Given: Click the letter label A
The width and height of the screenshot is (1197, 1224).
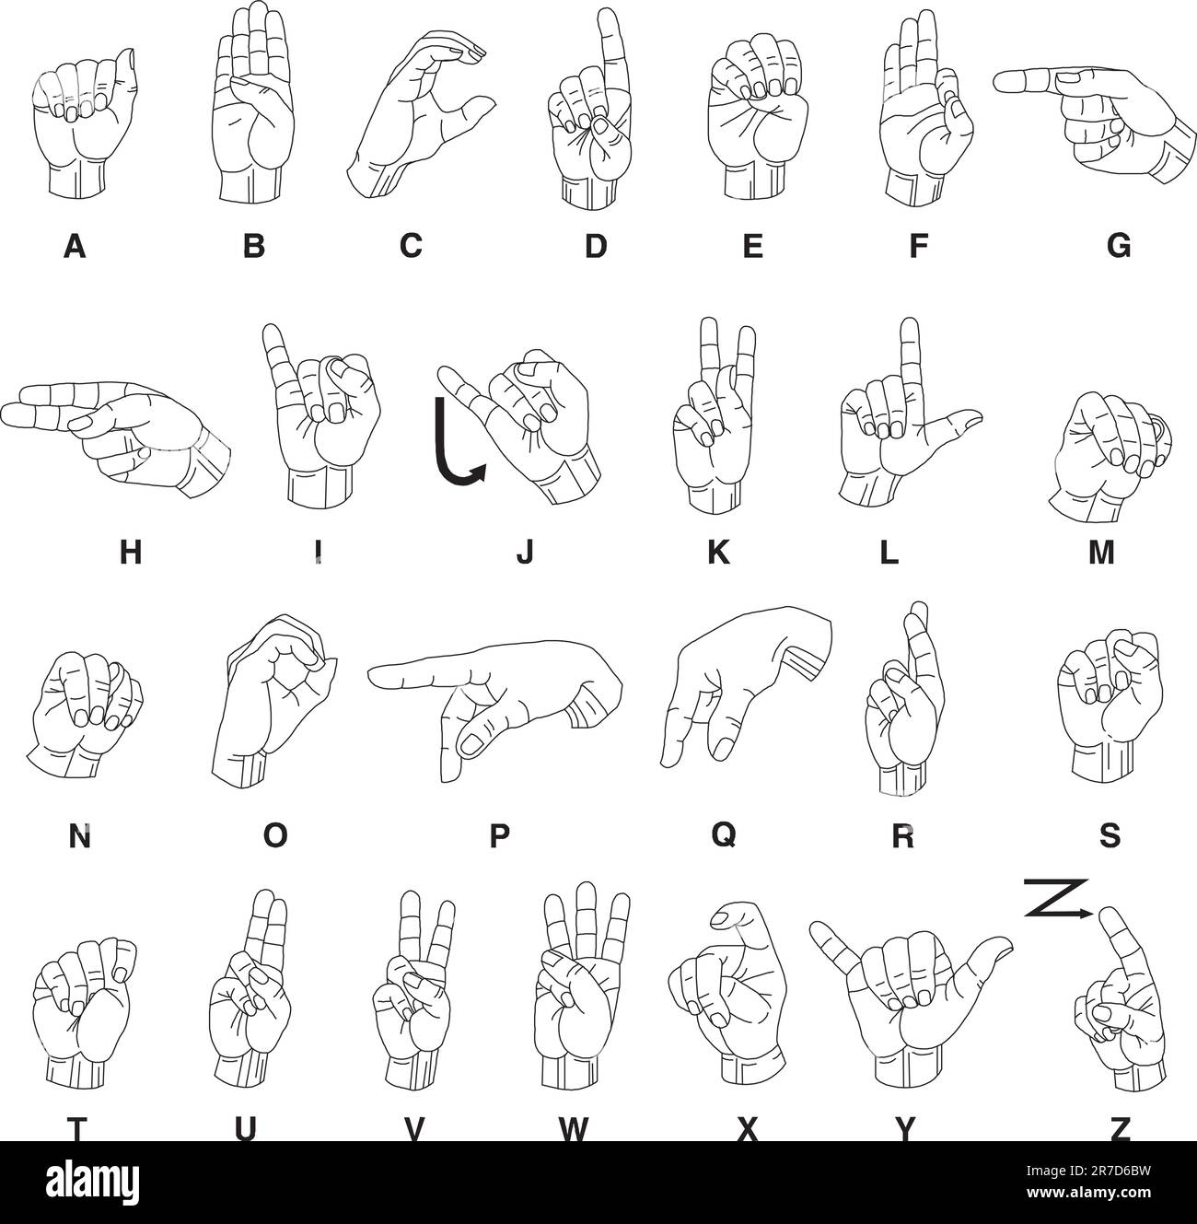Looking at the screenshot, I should point(76,246).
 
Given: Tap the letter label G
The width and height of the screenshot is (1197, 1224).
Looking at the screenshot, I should point(1118,246).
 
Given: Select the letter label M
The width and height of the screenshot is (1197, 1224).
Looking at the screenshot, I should point(1101,553).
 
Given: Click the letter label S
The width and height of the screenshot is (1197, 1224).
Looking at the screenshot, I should point(1110,835).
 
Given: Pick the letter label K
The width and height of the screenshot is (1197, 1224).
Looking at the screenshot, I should point(718,552).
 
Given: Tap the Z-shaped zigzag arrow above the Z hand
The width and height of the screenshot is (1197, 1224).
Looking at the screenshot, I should point(1057,899).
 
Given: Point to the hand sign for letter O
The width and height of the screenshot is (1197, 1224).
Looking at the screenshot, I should point(272,700).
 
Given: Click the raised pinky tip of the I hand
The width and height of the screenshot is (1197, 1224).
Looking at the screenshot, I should point(270,332).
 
